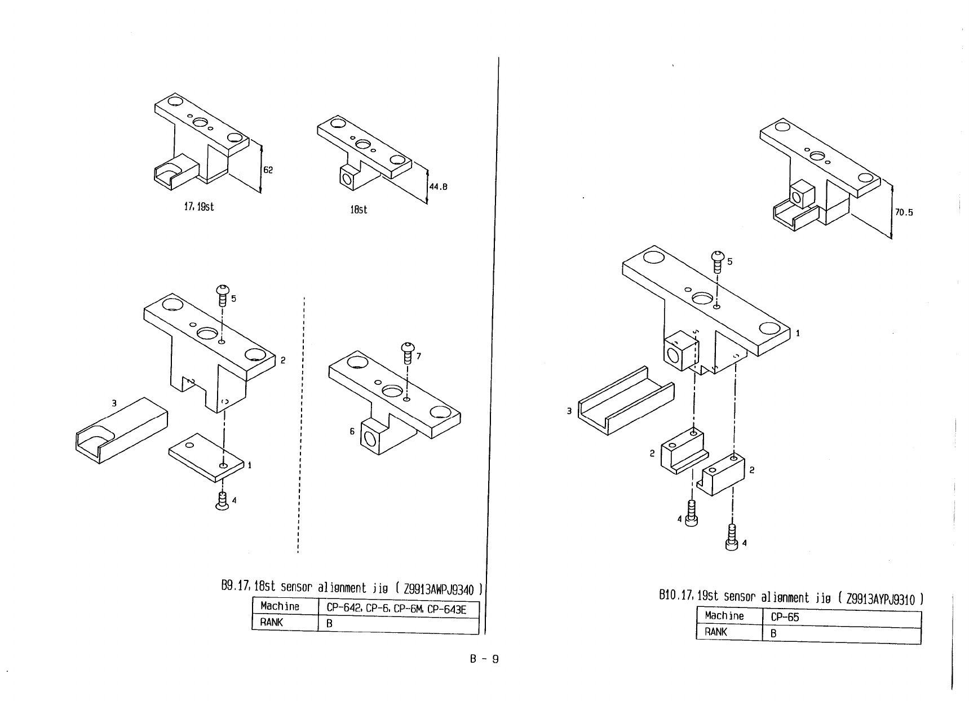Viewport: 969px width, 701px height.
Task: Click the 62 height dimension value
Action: coord(268,170)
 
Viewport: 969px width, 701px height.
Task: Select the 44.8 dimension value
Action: coord(438,187)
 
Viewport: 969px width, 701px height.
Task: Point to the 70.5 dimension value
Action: coord(904,212)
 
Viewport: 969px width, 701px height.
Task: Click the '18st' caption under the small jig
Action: coord(359,210)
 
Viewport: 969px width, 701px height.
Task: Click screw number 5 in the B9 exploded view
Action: coord(223,296)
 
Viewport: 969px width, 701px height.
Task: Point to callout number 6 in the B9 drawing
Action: coord(352,431)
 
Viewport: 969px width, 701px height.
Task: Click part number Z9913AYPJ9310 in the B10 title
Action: coord(880,598)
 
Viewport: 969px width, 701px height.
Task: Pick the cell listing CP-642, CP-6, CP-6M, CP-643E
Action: coord(396,609)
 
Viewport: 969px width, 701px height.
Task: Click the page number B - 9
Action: coord(484,659)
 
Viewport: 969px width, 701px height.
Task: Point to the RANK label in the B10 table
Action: coord(716,632)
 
